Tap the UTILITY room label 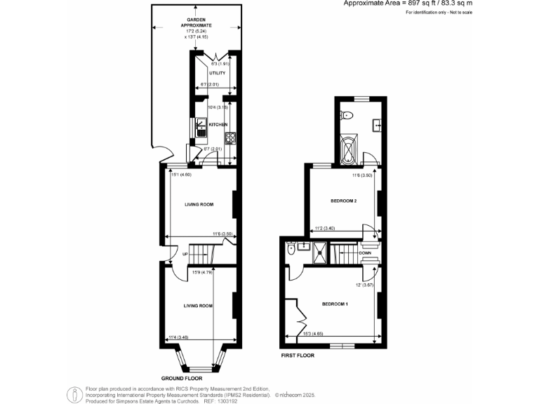click(216, 72)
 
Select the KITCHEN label click(218, 124)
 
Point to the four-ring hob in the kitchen click(229, 137)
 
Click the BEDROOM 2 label click(344, 201)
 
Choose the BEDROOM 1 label click(335, 304)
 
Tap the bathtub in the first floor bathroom click(348, 149)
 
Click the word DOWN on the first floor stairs click(364, 252)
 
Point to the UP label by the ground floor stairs click(185, 254)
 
